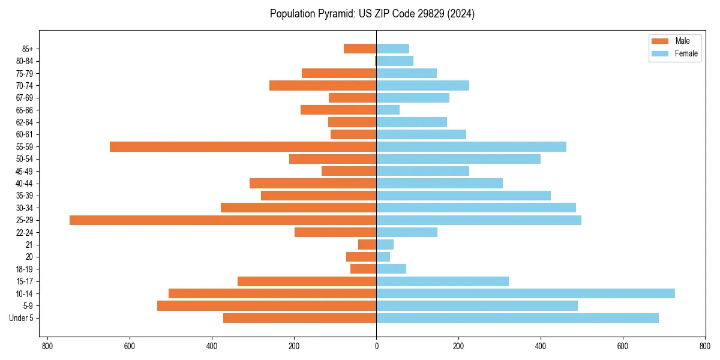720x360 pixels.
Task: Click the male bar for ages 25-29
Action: (223, 220)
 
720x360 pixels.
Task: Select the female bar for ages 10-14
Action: (526, 293)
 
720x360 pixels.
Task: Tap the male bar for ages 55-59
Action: (243, 147)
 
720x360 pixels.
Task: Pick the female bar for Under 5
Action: (517, 318)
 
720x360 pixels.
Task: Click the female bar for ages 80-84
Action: (395, 61)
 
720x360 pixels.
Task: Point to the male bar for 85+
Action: (360, 49)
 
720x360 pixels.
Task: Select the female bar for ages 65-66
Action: (388, 110)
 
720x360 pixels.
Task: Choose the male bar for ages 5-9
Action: (266, 306)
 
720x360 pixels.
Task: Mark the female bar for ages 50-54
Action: (458, 159)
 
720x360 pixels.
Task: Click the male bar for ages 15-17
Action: (307, 281)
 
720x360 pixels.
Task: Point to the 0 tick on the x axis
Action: (376, 346)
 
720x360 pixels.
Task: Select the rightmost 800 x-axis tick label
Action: (704, 346)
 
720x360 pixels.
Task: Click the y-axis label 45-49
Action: (24, 172)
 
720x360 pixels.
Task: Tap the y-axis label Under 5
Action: (21, 318)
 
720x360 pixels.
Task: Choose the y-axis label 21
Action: (29, 245)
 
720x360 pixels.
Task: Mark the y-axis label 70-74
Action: (24, 86)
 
